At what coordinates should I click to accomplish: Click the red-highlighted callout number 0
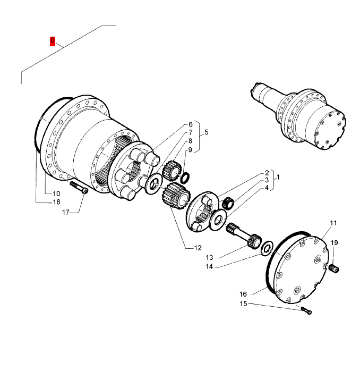click(x=53, y=41)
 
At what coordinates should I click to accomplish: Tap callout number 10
click(x=56, y=194)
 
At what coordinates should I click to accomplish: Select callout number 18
click(x=56, y=202)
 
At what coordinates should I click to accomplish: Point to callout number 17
click(x=65, y=213)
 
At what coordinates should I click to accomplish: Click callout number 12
click(x=198, y=248)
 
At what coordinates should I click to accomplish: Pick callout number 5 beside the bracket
click(x=207, y=132)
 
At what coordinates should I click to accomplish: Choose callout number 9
click(x=190, y=150)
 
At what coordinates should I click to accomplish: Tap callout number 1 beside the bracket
click(x=278, y=177)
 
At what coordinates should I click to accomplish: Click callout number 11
click(x=333, y=223)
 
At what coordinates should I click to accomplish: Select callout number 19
click(x=334, y=243)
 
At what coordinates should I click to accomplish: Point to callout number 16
click(x=243, y=294)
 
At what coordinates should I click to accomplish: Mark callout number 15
click(x=243, y=303)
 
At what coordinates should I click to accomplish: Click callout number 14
click(x=209, y=267)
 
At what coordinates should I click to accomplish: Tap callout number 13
click(x=209, y=257)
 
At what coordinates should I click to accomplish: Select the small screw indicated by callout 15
click(x=306, y=310)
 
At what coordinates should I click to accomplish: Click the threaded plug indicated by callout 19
click(x=335, y=269)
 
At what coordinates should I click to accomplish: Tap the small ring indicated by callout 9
click(x=185, y=178)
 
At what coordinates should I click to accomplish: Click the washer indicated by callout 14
click(x=267, y=248)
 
